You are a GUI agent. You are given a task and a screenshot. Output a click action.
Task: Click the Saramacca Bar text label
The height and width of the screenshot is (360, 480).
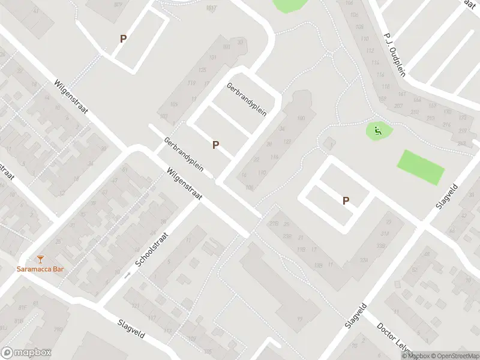[x=40, y=268]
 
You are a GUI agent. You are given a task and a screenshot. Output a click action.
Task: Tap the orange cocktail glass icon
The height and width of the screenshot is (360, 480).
[x=40, y=259]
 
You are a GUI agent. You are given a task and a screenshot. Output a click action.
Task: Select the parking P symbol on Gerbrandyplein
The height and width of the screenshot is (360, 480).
[x=215, y=145]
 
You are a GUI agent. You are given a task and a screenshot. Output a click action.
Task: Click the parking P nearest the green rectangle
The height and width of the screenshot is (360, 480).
[x=346, y=200]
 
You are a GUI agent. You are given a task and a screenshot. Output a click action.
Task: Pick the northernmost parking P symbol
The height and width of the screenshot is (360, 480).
[x=124, y=38]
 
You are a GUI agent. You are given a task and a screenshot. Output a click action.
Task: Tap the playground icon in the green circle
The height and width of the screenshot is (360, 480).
[x=378, y=131]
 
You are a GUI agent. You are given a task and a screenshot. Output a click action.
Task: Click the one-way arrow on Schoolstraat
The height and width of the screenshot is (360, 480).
[x=127, y=275]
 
